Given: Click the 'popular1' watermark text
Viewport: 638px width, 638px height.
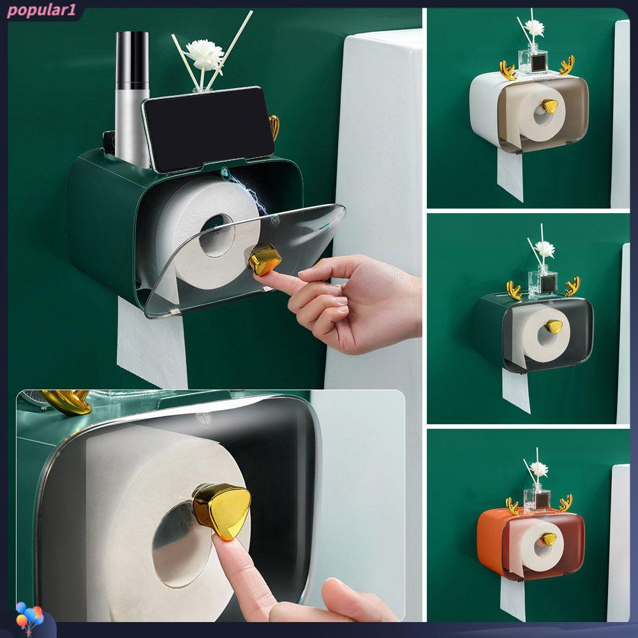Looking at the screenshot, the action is (41, 11).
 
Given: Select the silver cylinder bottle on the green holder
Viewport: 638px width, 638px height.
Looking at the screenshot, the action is (132, 99).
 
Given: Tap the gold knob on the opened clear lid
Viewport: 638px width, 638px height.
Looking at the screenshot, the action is (265, 259).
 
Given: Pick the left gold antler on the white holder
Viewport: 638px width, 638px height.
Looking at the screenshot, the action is (507, 70).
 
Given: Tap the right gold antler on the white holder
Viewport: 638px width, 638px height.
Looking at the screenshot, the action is (567, 65).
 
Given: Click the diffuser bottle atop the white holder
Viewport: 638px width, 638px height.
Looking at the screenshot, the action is (533, 59).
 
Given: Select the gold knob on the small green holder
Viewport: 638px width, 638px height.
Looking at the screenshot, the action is (554, 326).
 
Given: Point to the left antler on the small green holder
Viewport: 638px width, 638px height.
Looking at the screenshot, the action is (514, 290).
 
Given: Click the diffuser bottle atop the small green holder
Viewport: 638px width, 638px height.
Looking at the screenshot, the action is (543, 281).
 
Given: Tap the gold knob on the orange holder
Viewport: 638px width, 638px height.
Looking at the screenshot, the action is (548, 539).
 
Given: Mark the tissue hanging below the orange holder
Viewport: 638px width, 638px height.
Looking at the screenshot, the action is (513, 598).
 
